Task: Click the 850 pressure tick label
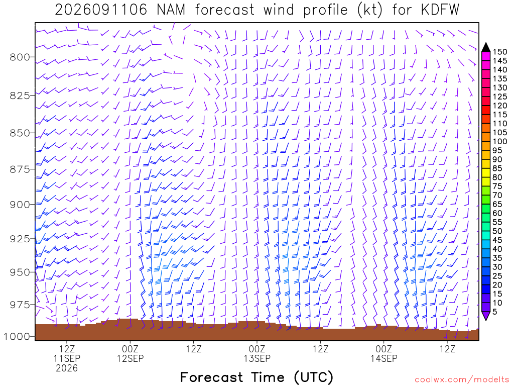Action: pos(20,133)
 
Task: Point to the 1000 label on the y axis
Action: pos(17,336)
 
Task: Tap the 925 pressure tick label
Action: pos(20,239)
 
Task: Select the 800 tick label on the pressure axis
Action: pos(20,57)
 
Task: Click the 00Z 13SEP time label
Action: pos(257,353)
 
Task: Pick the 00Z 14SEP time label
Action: pos(384,353)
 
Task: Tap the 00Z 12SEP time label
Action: pos(131,353)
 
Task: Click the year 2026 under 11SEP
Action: pos(67,368)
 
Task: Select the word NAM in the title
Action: pos(171,10)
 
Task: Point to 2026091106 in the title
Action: pos(101,10)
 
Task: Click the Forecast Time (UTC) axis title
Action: pos(256,377)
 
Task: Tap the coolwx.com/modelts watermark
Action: pos(462,380)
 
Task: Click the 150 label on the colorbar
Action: pos(499,52)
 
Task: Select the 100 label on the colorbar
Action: pos(499,141)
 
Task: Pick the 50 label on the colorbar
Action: pos(497,231)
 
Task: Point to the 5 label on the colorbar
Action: pos(495,312)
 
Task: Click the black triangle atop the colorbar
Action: pos(486,48)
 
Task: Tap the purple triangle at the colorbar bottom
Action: pos(486,316)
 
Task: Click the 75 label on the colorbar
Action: pos(497,186)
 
